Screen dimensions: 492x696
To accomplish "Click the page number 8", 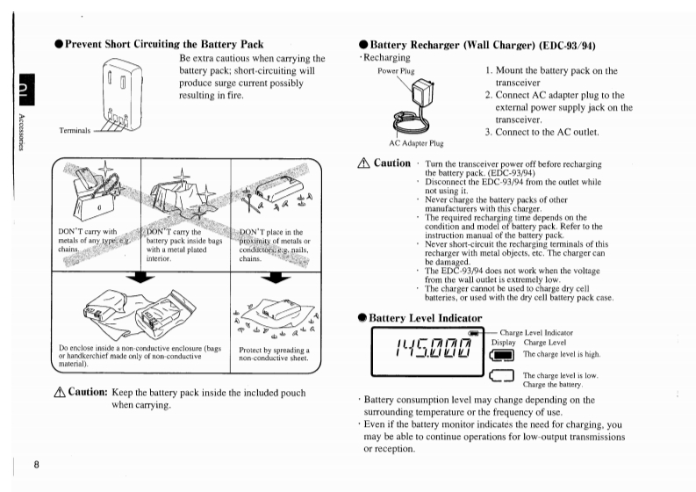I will pyautogui.click(x=36, y=464).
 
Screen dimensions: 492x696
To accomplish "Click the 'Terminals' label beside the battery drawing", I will pyautogui.click(x=75, y=130).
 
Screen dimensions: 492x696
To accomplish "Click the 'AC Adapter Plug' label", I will pyautogui.click(x=416, y=141).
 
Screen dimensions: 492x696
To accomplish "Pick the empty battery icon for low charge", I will pyautogui.click(x=503, y=379).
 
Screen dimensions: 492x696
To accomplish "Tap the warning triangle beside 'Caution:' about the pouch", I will pyautogui.click(x=60, y=392).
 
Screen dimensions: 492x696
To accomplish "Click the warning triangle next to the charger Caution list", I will pyautogui.click(x=365, y=164).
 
